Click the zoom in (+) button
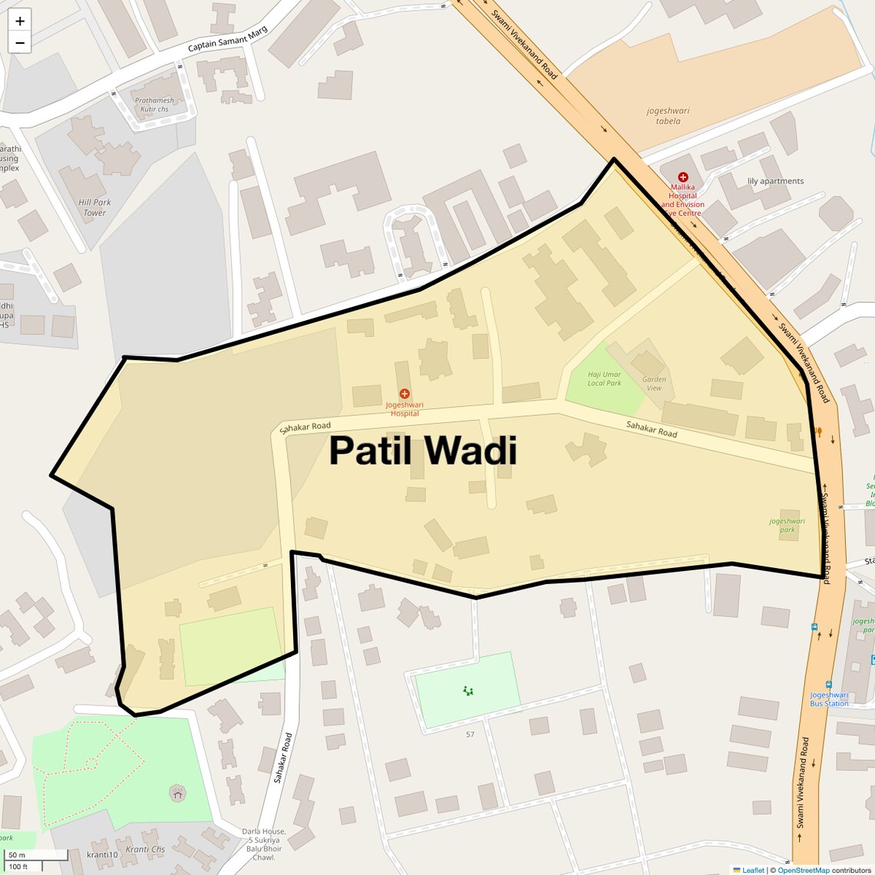[x=20, y=21]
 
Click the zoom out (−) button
[x=20, y=42]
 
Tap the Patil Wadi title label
[x=423, y=451]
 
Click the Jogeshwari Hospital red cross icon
[x=404, y=394]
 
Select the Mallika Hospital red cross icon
[x=682, y=177]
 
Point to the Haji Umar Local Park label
[x=604, y=378]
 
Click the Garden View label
[x=654, y=383]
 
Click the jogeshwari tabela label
[x=668, y=116]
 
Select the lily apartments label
[x=775, y=181]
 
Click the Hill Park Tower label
[x=94, y=207]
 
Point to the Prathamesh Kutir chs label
[x=154, y=104]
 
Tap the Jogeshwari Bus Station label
[x=829, y=698]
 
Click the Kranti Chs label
[x=145, y=849]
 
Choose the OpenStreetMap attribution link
[x=804, y=870]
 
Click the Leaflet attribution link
[x=753, y=870]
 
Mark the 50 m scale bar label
[x=16, y=855]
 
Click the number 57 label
[x=470, y=735]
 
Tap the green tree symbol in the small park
[x=467, y=691]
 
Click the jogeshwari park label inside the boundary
[x=787, y=525]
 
